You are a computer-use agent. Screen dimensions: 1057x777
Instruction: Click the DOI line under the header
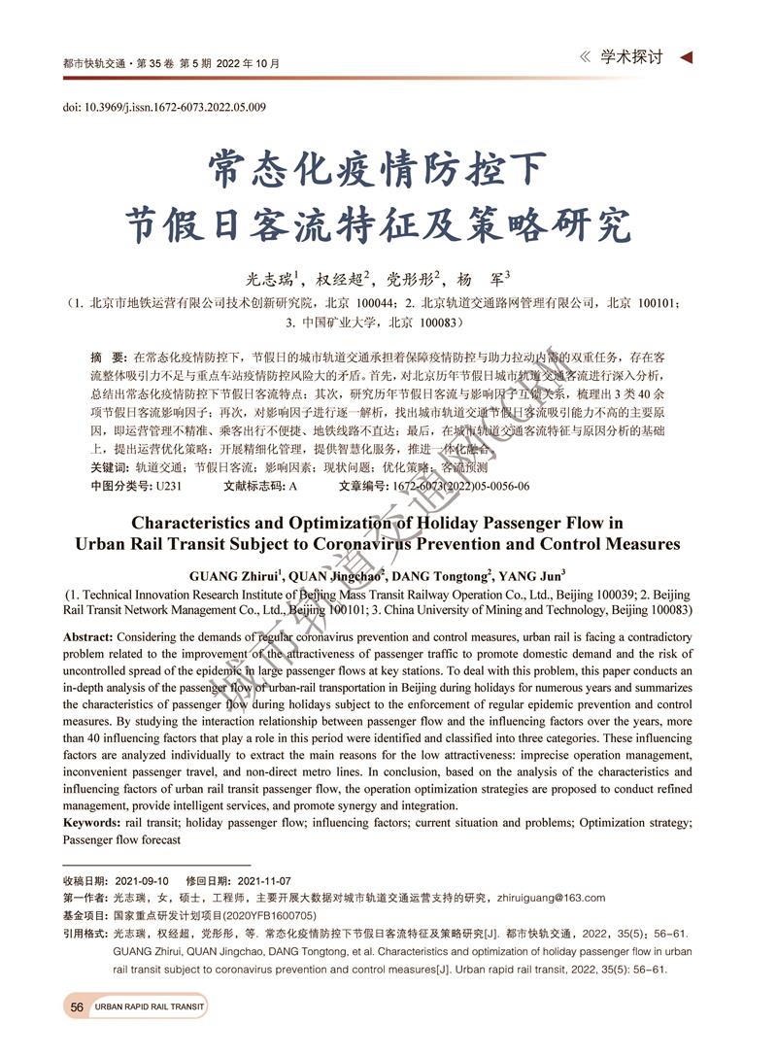click(165, 107)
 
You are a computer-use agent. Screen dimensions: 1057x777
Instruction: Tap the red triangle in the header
click(687, 58)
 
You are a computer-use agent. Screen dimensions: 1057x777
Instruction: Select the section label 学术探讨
click(631, 58)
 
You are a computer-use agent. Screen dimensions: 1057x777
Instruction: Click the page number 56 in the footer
click(77, 1006)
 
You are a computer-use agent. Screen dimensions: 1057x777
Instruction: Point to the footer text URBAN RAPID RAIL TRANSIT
click(150, 1007)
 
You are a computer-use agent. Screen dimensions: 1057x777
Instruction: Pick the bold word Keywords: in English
click(92, 823)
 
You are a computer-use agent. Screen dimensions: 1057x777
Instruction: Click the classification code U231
click(169, 486)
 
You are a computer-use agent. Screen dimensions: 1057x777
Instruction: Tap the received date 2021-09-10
click(142, 880)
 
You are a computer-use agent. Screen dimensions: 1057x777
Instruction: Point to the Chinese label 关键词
click(110, 468)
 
